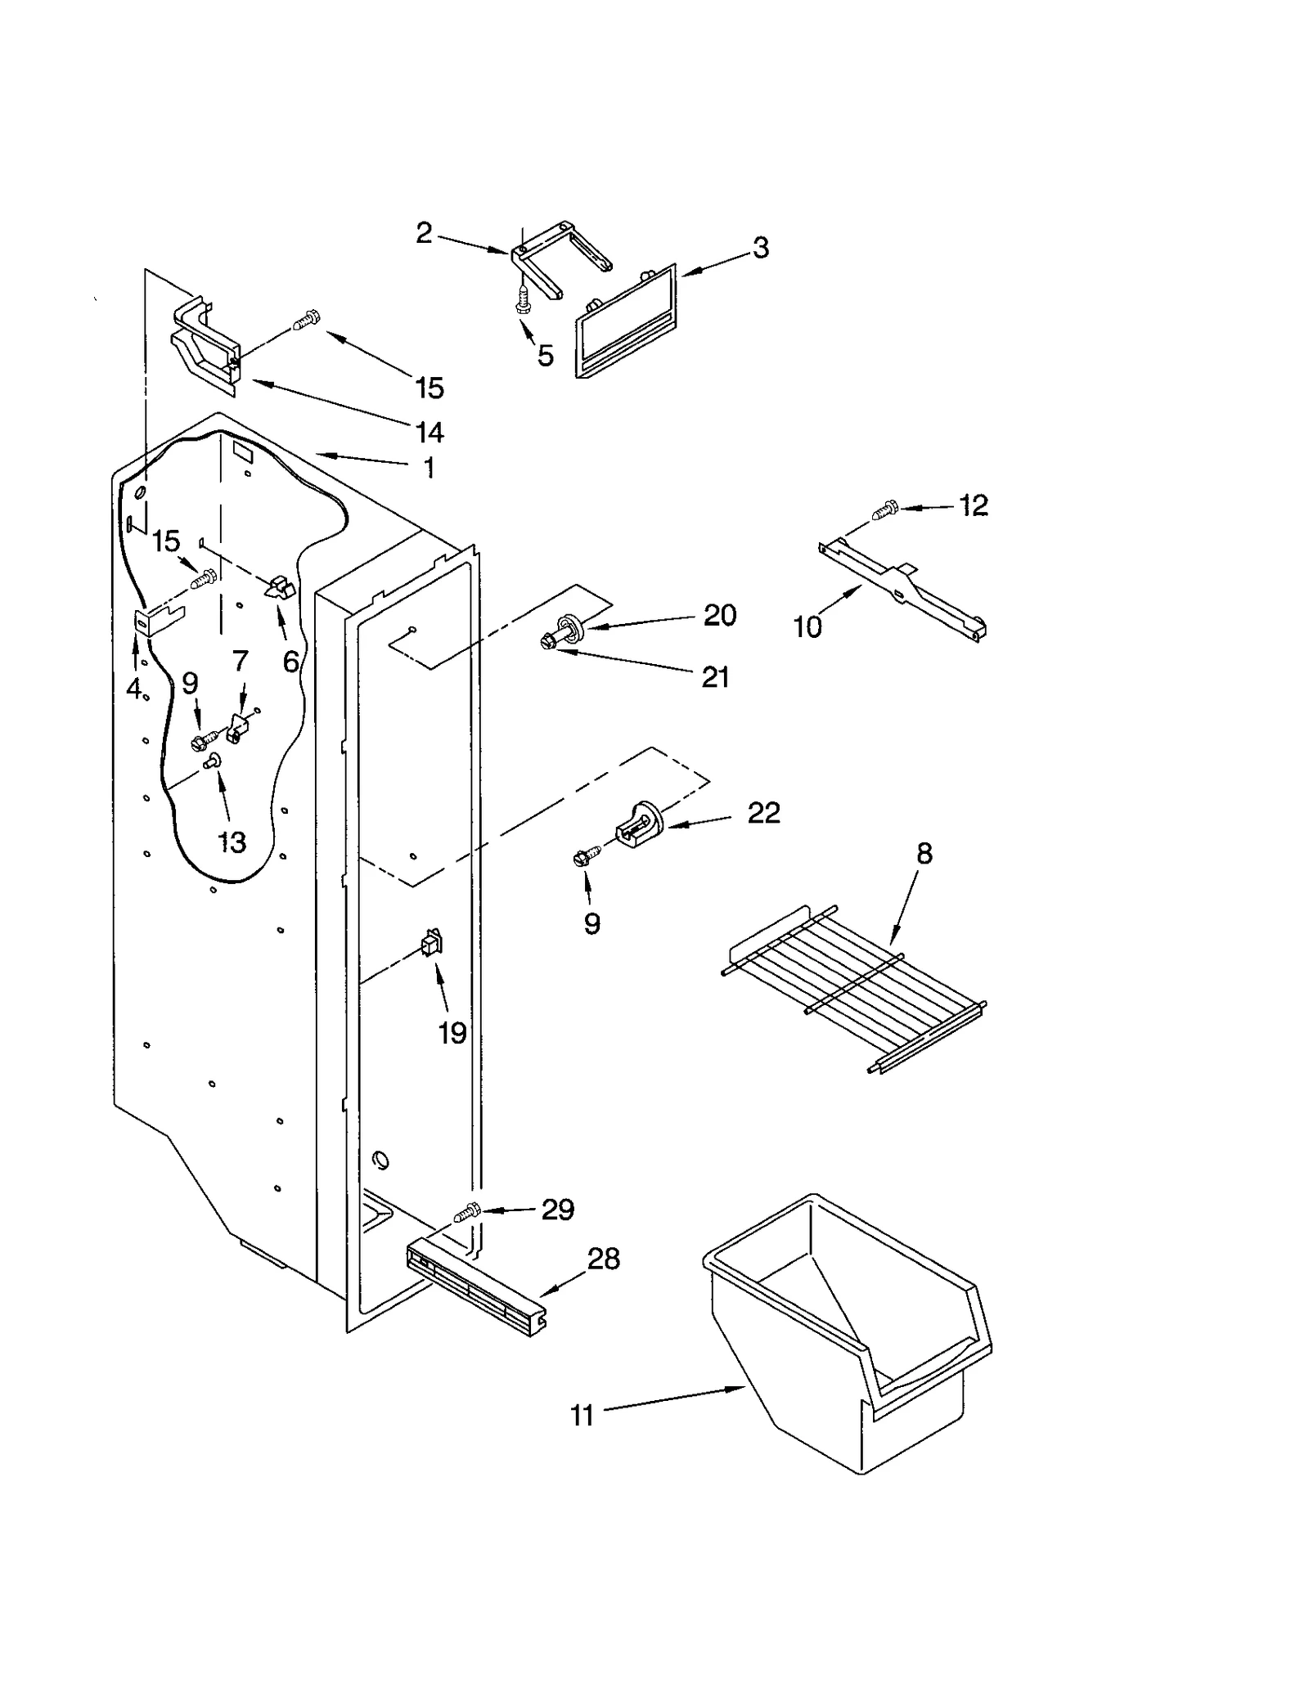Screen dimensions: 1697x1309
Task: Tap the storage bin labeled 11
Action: (851, 1341)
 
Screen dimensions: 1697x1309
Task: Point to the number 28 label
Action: (603, 1259)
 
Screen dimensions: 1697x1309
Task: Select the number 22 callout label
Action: (763, 813)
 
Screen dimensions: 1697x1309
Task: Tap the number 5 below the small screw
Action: (546, 356)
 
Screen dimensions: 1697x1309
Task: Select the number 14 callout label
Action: (430, 432)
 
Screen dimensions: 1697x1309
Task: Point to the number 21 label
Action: (715, 677)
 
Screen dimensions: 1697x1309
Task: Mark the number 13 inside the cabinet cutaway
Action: (232, 842)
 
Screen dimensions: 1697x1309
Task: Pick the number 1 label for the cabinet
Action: (429, 469)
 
